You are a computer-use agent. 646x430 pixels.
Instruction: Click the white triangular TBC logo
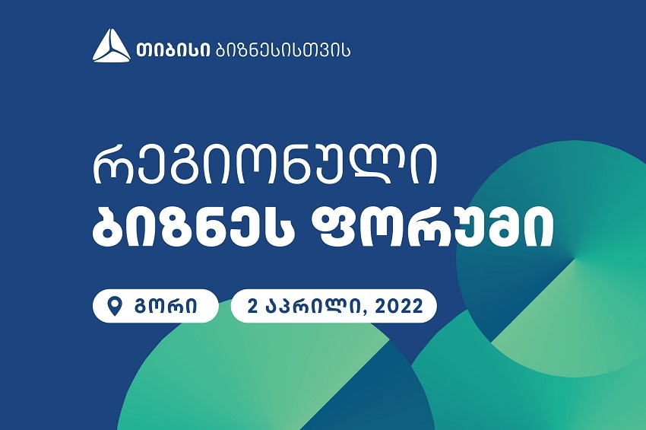(111, 46)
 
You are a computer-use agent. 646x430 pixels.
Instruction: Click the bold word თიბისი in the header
(173, 49)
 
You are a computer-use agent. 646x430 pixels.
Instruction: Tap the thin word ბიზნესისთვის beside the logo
(283, 49)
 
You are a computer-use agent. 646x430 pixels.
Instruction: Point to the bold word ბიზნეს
(199, 225)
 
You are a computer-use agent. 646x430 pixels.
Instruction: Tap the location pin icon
(115, 306)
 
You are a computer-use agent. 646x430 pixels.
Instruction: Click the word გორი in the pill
(166, 307)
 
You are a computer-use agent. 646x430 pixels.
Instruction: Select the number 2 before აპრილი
(253, 306)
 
